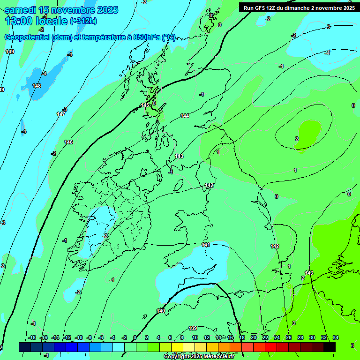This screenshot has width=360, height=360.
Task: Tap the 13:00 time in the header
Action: [18, 21]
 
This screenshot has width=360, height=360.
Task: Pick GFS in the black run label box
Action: [262, 8]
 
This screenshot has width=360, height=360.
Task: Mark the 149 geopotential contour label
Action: [10, 52]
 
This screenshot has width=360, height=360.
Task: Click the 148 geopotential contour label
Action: [37, 86]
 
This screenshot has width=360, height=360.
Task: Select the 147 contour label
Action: [61, 114]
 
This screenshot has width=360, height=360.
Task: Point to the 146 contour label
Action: [68, 142]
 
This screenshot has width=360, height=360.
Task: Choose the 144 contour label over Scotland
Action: [185, 116]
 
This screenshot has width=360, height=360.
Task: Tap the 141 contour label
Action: [205, 245]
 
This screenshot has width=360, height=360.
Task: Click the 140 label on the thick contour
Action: [161, 311]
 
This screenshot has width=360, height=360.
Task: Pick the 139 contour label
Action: [193, 328]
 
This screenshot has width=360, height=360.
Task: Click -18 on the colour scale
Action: [32, 337]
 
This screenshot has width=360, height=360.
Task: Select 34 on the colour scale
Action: [336, 337]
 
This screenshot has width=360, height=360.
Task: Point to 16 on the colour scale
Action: [230, 337]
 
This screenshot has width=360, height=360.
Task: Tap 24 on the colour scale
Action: [277, 337]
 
